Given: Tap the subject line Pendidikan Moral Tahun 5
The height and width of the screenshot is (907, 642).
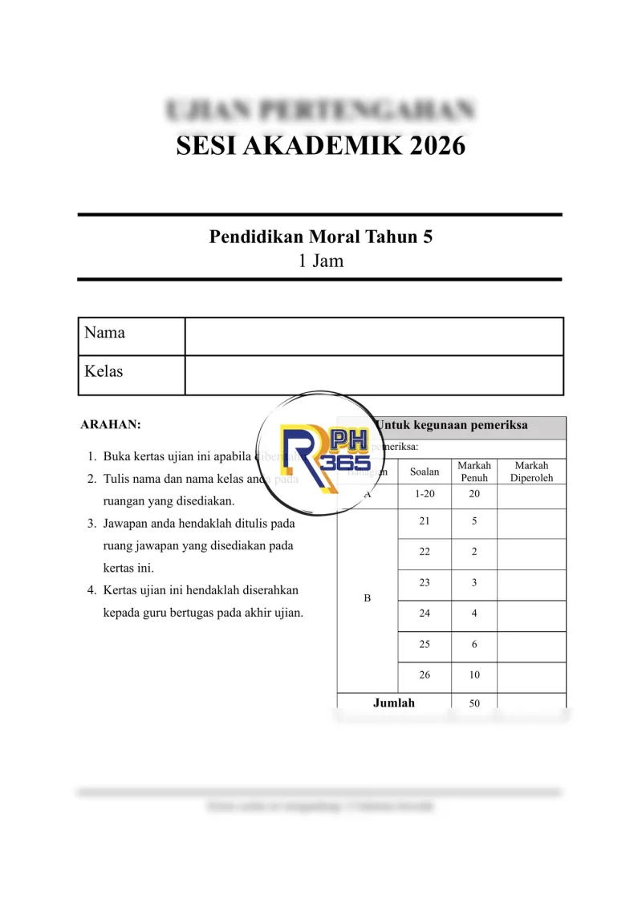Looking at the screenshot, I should pyautogui.click(x=320, y=237).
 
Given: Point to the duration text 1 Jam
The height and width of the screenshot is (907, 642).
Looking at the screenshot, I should pyautogui.click(x=320, y=261).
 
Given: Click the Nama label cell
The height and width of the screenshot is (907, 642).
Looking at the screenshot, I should pyautogui.click(x=131, y=336).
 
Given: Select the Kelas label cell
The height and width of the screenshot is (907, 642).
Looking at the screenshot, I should pyautogui.click(x=131, y=375).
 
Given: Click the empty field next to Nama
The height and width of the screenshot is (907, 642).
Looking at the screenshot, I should pyautogui.click(x=374, y=336).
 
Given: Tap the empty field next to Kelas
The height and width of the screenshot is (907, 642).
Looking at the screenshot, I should pyautogui.click(x=374, y=375).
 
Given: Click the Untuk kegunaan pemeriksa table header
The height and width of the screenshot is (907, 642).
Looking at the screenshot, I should pyautogui.click(x=452, y=425).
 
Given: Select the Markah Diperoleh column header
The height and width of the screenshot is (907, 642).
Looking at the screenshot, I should pyautogui.click(x=531, y=472).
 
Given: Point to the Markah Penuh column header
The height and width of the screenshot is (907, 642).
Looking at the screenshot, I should pyautogui.click(x=474, y=472).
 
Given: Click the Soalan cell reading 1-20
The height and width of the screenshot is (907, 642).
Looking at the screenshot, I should pyautogui.click(x=425, y=494).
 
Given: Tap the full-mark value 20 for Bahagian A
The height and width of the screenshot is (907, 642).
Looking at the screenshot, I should pyautogui.click(x=474, y=494).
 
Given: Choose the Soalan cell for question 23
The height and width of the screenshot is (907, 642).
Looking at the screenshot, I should pyautogui.click(x=425, y=583).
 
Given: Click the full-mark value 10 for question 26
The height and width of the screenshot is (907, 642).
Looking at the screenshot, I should pyautogui.click(x=474, y=675).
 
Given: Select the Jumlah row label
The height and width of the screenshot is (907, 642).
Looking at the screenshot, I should pyautogui.click(x=394, y=703).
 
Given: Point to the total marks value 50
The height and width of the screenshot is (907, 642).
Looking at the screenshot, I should pyautogui.click(x=474, y=703).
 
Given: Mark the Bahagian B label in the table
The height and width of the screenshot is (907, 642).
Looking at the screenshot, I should pyautogui.click(x=368, y=598).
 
